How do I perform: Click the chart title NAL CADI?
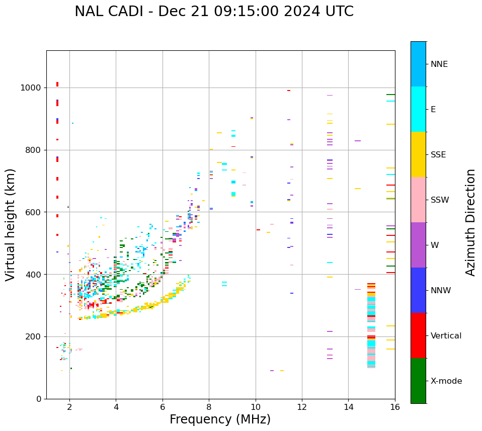click(214, 12)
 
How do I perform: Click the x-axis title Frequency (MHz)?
click(220, 419)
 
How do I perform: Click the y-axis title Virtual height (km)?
click(11, 224)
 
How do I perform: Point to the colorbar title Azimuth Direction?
click(470, 222)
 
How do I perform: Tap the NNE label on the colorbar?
click(439, 64)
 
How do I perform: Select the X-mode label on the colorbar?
click(446, 381)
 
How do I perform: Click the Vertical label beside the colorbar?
click(446, 336)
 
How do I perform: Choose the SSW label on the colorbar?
click(440, 200)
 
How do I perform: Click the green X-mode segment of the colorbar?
click(418, 381)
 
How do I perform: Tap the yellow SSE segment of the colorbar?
click(418, 154)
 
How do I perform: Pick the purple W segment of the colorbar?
click(418, 245)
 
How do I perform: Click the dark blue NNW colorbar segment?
click(418, 290)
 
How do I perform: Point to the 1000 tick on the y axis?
click(31, 88)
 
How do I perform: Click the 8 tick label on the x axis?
click(209, 407)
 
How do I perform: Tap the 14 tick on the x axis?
click(349, 407)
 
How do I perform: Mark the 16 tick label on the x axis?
click(395, 407)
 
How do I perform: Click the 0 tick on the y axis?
click(39, 399)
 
